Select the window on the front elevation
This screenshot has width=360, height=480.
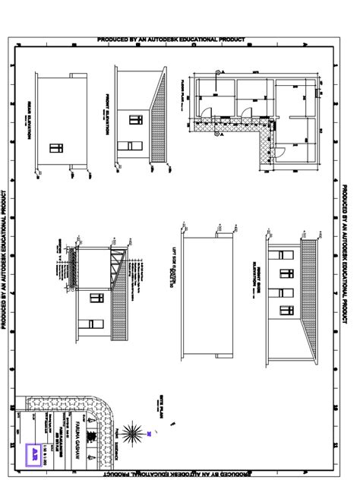pyautogui.click(x=135, y=119)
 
